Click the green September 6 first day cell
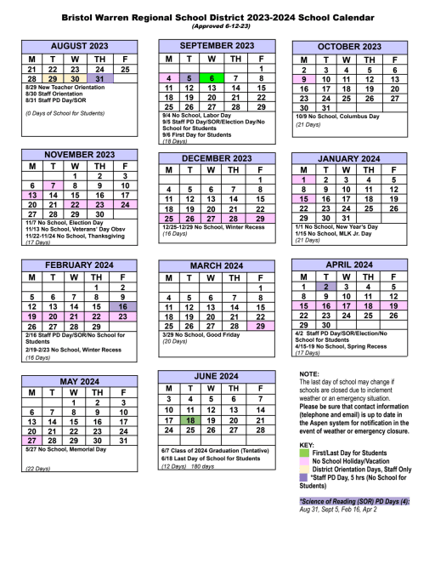[x=212, y=77]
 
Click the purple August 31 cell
[x=99, y=78]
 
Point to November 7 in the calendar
[x=53, y=185]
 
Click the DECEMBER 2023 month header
[x=217, y=158]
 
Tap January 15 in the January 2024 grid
[x=303, y=198]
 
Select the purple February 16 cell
[x=123, y=306]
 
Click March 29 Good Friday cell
[x=260, y=326]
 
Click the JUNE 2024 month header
[x=217, y=376]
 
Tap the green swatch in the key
[x=304, y=453]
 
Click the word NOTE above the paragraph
[x=309, y=374]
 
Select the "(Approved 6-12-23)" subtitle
[x=217, y=26]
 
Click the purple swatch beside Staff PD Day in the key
[x=304, y=478]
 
